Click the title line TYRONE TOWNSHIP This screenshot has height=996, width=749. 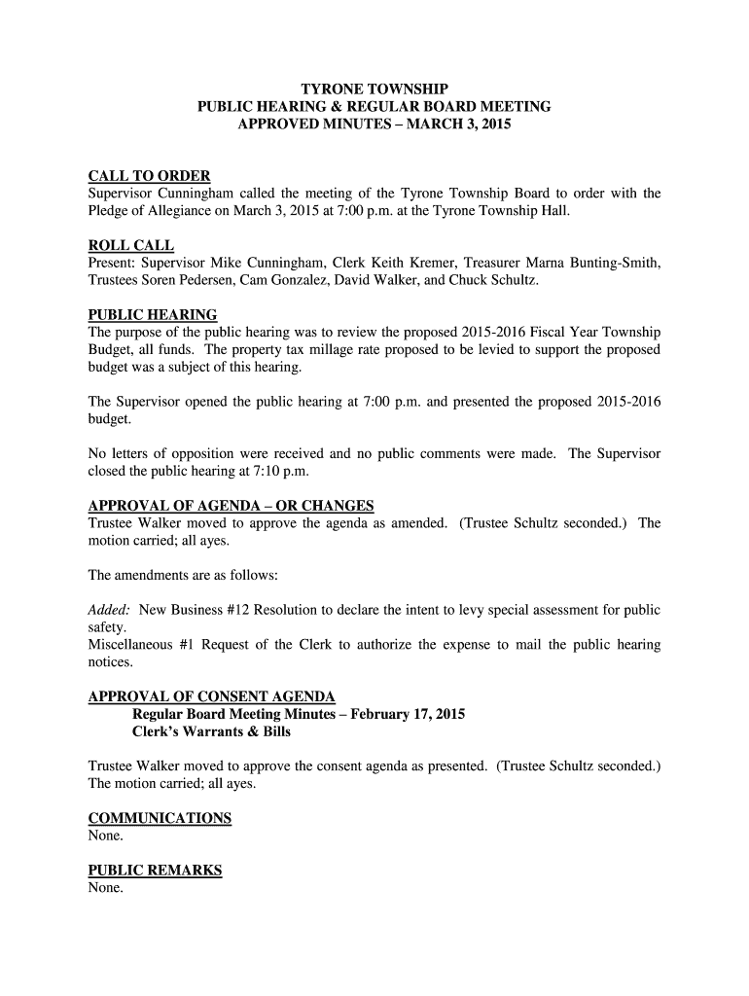(x=374, y=89)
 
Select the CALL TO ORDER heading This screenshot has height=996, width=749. (x=149, y=176)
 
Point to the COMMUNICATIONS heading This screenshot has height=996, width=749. (x=160, y=818)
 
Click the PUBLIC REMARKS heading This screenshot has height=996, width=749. (x=155, y=871)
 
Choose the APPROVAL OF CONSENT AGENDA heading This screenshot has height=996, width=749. (x=211, y=696)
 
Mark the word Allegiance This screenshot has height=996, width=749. (x=197, y=211)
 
